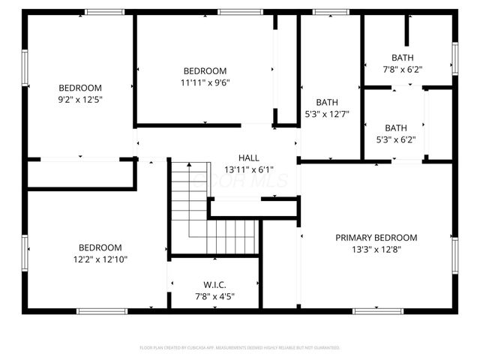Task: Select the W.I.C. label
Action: pyautogui.click(x=214, y=284)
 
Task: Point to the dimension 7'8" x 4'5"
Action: pyautogui.click(x=214, y=295)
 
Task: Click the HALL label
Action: pyautogui.click(x=249, y=158)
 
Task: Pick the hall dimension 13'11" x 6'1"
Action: pyautogui.click(x=249, y=169)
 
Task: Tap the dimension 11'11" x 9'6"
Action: pyautogui.click(x=205, y=82)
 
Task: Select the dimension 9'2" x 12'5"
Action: pyautogui.click(x=80, y=99)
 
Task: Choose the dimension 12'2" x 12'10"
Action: pyautogui.click(x=100, y=259)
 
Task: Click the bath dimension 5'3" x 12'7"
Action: pyautogui.click(x=327, y=114)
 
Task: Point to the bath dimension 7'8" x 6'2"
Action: pyautogui.click(x=402, y=69)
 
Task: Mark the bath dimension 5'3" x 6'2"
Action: pyautogui.click(x=396, y=139)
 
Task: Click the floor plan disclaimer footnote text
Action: pyautogui.click(x=240, y=348)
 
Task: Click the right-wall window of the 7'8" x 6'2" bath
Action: pyautogui.click(x=454, y=58)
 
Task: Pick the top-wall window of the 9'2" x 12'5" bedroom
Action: pyautogui.click(x=104, y=12)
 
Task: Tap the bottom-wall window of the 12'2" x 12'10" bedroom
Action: pyautogui.click(x=97, y=310)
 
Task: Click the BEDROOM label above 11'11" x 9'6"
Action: pyautogui.click(x=205, y=71)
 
